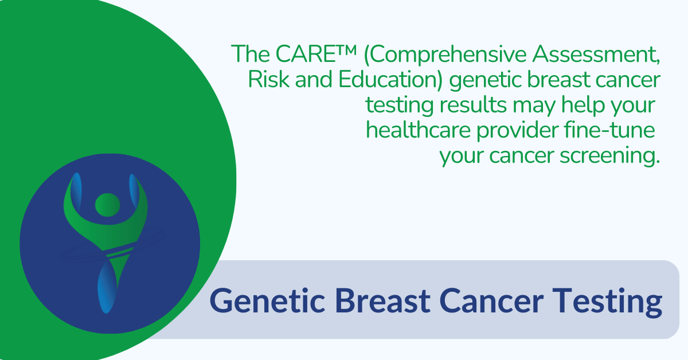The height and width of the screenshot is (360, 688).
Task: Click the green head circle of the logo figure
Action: tap(107, 204)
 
